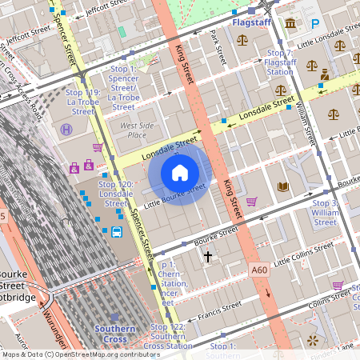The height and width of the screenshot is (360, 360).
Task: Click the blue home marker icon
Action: [x=180, y=173]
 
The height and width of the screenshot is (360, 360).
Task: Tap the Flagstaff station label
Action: [x=252, y=23]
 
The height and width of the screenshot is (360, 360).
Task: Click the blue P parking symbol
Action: [x=314, y=25]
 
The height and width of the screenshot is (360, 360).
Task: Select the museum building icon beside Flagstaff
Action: [x=289, y=24]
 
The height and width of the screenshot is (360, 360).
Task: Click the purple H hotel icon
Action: [x=66, y=129]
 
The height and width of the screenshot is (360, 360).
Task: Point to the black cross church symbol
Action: [x=209, y=257]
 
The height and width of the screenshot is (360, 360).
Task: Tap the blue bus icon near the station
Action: [x=117, y=233]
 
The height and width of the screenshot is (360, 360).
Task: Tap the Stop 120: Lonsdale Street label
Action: [x=115, y=189]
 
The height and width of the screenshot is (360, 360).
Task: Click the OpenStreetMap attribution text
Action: [x=81, y=354]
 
